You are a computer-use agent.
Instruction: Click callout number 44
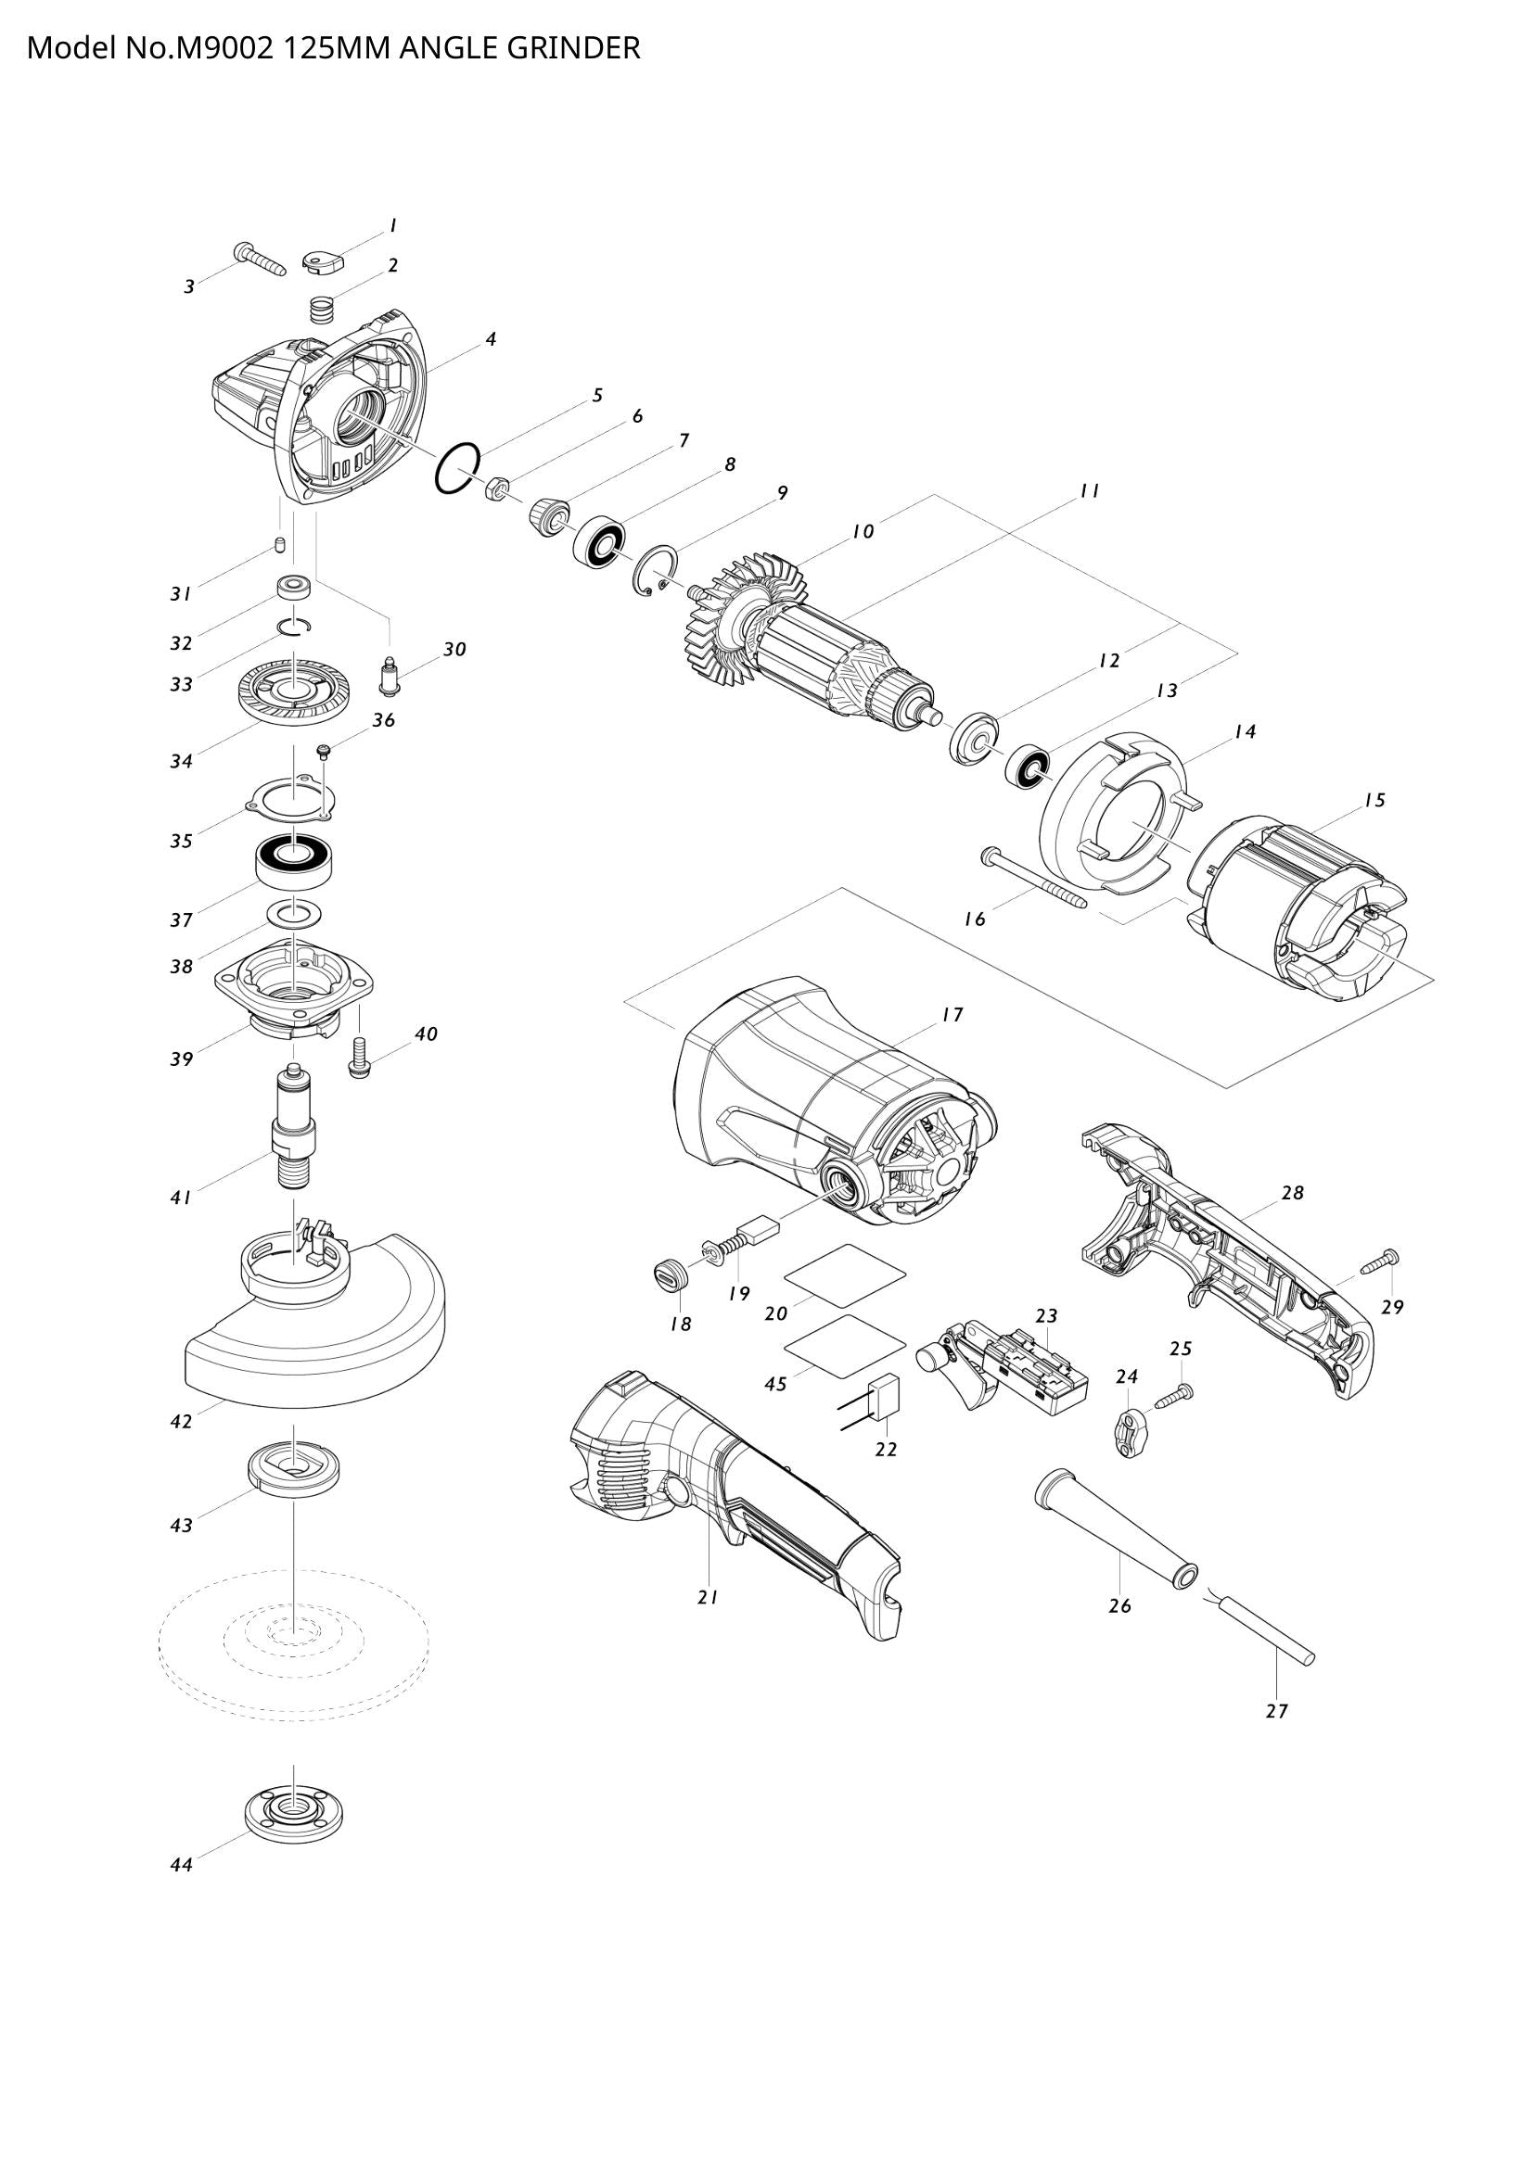(182, 1865)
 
